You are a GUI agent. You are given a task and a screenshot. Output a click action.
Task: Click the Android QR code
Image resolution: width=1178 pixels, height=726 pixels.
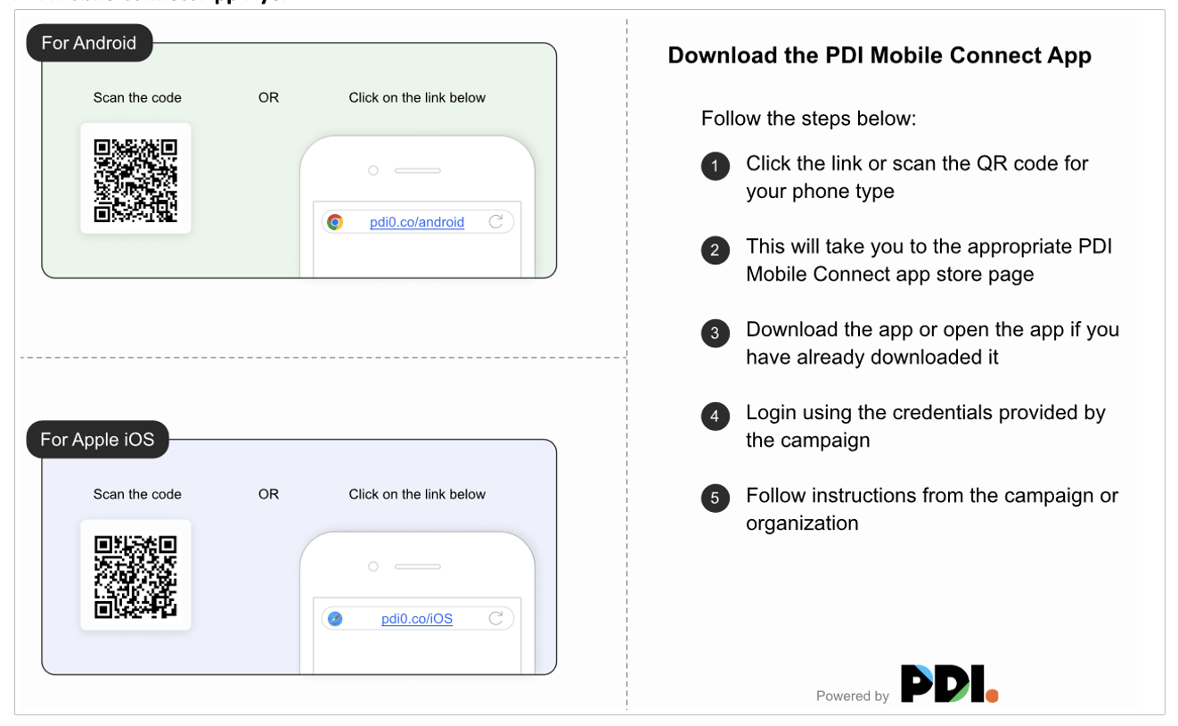click(135, 179)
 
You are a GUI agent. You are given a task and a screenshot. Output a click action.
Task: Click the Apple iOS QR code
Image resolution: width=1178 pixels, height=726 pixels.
click(135, 576)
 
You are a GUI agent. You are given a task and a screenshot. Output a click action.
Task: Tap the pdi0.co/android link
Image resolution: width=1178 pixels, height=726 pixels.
click(417, 222)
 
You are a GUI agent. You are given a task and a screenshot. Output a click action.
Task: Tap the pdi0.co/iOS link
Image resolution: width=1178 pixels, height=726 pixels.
click(417, 619)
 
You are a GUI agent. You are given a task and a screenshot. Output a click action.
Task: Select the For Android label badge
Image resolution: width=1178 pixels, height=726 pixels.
click(89, 43)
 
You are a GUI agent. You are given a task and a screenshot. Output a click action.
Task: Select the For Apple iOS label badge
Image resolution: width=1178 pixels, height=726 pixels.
click(97, 440)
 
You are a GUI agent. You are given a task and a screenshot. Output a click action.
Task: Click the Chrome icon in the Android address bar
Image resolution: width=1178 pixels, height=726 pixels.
click(335, 222)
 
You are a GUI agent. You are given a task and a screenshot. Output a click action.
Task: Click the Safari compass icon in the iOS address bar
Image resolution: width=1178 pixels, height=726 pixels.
click(335, 619)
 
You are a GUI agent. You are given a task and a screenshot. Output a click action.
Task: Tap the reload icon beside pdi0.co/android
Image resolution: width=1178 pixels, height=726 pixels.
click(496, 221)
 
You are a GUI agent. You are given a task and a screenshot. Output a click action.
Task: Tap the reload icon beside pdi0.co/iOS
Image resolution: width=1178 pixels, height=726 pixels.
click(496, 618)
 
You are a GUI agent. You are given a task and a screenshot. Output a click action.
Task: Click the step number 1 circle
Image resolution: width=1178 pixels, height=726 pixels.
click(715, 167)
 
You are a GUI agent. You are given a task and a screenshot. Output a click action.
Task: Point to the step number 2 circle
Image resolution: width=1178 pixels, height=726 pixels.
click(715, 250)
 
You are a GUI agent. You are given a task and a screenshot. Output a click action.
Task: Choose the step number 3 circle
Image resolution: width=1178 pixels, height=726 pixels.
click(715, 333)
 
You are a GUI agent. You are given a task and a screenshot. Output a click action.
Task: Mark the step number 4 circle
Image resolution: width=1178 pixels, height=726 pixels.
click(715, 416)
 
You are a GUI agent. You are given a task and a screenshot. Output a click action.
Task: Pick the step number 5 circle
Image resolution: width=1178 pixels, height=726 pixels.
click(715, 499)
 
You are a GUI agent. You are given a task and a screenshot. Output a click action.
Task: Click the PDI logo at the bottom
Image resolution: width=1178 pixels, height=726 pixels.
click(949, 684)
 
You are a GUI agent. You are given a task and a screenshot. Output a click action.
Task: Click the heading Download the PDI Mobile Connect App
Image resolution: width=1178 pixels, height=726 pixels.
click(879, 55)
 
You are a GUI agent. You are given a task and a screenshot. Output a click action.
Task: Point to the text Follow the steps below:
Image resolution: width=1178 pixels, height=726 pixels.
click(808, 119)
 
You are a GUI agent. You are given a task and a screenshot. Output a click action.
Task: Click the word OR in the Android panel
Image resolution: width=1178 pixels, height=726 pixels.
click(268, 98)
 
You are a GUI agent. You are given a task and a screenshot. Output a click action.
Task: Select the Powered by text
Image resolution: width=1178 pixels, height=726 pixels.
click(852, 697)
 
